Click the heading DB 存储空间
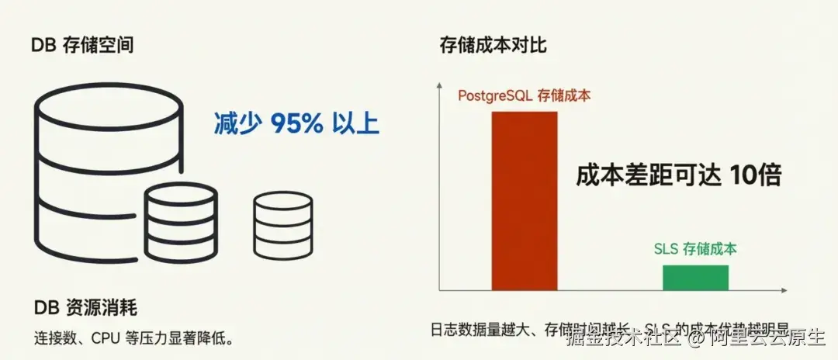coord(82,45)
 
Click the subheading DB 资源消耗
coord(85,308)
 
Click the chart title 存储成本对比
coord(493,45)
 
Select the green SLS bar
coord(695,277)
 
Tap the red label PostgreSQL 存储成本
coord(523,96)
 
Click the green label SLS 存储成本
coord(695,249)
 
